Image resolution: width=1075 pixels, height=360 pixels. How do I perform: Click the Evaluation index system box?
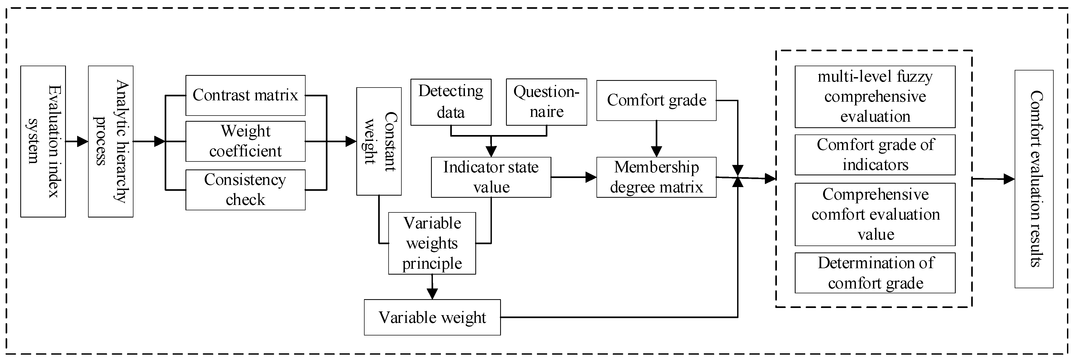click(43, 141)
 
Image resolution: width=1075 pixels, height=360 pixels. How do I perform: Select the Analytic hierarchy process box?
click(110, 141)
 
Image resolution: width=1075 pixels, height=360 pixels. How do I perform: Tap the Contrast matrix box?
click(245, 96)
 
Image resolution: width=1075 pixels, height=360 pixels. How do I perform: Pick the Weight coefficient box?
click(245, 141)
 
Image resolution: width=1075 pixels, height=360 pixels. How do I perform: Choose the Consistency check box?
click(245, 190)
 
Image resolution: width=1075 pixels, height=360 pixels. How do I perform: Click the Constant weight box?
click(379, 141)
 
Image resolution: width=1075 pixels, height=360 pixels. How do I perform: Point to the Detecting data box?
click(451, 102)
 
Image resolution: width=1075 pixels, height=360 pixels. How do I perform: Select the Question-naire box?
click(546, 102)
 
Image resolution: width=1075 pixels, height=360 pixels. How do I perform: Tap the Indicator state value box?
click(491, 177)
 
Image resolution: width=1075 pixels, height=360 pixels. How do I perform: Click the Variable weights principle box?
click(432, 243)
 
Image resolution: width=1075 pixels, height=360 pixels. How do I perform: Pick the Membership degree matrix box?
click(657, 177)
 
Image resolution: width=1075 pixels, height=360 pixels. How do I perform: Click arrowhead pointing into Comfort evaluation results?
click(1009, 179)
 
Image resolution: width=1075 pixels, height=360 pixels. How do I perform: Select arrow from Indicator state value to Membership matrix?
click(574, 177)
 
